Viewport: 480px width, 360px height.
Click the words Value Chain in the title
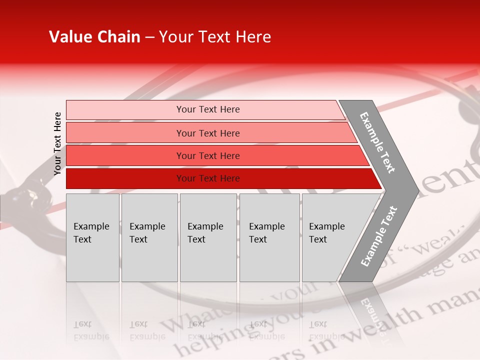(x=94, y=37)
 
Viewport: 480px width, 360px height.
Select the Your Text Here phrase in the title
(x=215, y=37)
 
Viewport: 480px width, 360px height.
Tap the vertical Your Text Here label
(x=57, y=143)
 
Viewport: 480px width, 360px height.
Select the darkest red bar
(x=207, y=178)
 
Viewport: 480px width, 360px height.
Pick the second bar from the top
(x=207, y=133)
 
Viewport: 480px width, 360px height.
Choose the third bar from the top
(x=207, y=155)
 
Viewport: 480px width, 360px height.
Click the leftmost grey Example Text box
(x=92, y=237)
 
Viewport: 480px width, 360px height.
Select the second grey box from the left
(x=149, y=237)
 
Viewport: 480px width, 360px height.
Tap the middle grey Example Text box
(x=208, y=237)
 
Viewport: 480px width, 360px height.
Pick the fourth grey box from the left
(x=269, y=237)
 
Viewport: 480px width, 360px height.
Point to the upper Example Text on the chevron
(x=378, y=142)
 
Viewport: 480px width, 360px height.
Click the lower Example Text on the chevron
(x=379, y=236)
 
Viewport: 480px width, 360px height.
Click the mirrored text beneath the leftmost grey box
(x=91, y=330)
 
